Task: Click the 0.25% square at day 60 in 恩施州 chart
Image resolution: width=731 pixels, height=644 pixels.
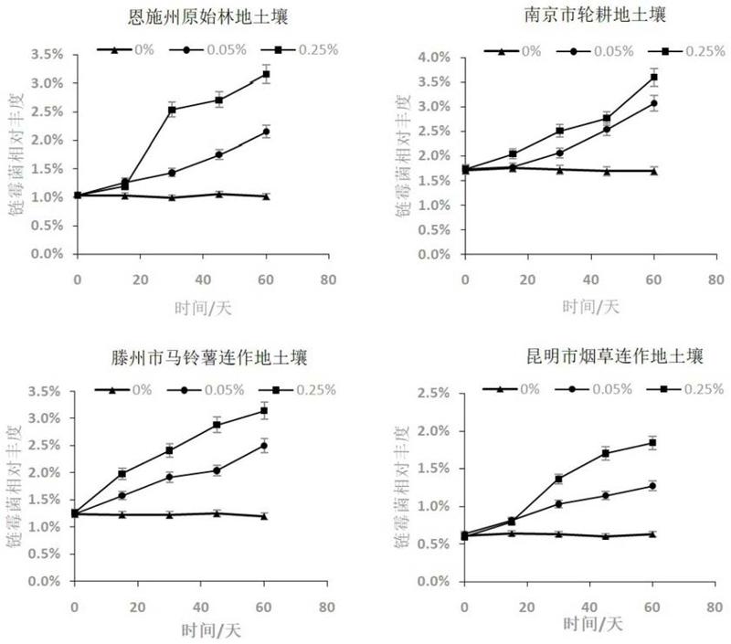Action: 266,74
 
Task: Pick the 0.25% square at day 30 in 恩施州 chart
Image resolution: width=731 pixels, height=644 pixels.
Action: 172,110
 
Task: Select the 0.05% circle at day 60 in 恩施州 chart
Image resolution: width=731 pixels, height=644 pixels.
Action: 266,132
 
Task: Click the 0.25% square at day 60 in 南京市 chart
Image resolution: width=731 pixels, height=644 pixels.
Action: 653,77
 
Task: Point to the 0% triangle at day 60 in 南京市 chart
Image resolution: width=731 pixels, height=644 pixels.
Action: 653,170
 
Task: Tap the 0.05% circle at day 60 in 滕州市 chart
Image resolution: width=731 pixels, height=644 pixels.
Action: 263,445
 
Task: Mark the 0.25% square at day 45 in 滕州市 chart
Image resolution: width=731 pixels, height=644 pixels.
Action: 217,425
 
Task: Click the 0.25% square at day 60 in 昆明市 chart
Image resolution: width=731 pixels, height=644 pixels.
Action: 653,443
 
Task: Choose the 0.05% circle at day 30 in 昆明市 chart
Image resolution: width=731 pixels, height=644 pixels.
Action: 559,503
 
